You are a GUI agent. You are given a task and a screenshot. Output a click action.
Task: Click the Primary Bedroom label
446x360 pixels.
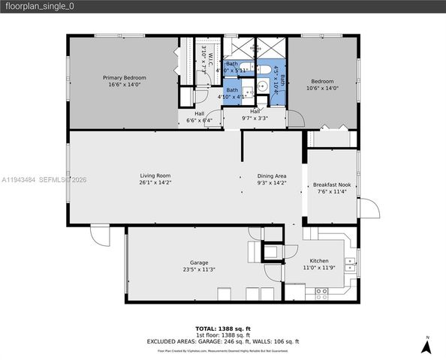pyautogui.click(x=124, y=77)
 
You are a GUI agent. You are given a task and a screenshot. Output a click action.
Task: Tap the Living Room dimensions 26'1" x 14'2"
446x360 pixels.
pyautogui.click(x=155, y=182)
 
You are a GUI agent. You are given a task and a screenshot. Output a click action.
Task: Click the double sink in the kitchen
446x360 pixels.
pyautogui.click(x=349, y=263)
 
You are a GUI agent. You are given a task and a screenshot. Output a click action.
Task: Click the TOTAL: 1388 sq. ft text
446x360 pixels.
pyautogui.click(x=222, y=328)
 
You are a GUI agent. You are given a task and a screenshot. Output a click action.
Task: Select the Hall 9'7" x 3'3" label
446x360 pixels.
pyautogui.click(x=255, y=114)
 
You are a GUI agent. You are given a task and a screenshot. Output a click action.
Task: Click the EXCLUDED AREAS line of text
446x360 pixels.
pyautogui.click(x=222, y=341)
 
